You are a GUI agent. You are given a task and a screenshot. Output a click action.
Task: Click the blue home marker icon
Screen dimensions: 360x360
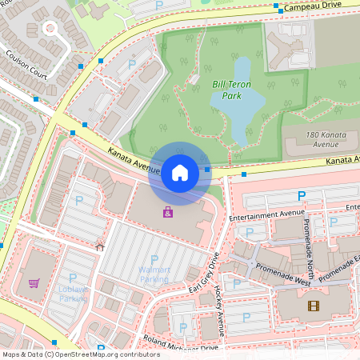pyautogui.click(x=180, y=172)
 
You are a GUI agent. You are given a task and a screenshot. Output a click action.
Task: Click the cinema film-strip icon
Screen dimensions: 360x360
pyautogui.click(x=313, y=306)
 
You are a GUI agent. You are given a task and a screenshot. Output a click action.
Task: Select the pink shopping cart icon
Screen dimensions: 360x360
pyautogui.click(x=34, y=282)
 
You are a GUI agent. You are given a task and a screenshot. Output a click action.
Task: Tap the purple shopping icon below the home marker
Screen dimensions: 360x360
pyautogui.click(x=168, y=212)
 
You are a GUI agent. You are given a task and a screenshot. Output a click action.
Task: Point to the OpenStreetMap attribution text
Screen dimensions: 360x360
pyautogui.click(x=80, y=354)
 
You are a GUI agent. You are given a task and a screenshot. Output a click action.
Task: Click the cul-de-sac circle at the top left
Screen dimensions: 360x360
pyautogui.click(x=50, y=29)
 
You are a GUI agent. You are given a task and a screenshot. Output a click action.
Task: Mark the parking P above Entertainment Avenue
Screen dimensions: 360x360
pyautogui.click(x=302, y=196)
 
